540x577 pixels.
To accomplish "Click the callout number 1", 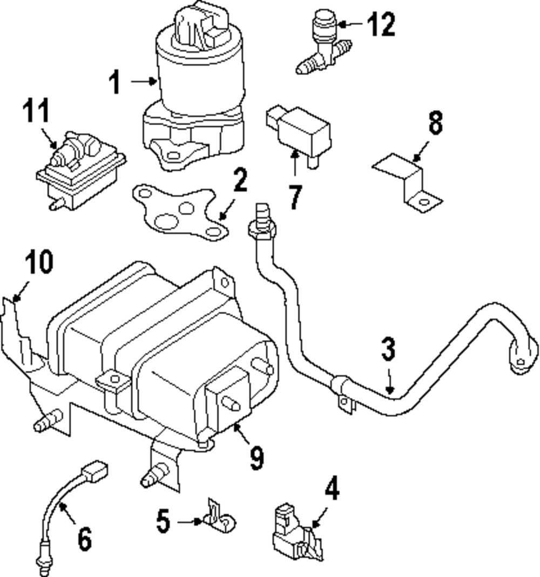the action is point(115,83).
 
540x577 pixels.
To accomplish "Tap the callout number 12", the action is point(382,24).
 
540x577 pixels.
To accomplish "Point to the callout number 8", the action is point(435,123).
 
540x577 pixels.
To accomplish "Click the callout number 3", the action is point(388,349).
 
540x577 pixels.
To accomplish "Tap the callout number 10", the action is point(39,262).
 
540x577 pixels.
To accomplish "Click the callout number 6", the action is point(85,539).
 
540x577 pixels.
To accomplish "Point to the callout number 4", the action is point(332,488).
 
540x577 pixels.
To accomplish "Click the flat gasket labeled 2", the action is point(180,213).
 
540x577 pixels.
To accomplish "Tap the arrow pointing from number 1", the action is point(144,82).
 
